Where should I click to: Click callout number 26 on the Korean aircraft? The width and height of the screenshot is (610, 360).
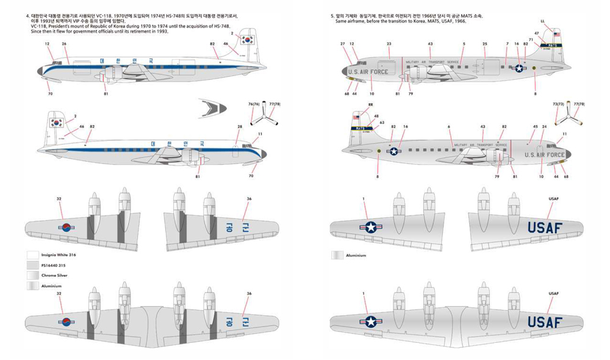pos(64,44)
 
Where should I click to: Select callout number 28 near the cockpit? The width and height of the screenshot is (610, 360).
pos(240,127)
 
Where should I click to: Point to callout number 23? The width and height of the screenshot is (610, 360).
pos(389,44)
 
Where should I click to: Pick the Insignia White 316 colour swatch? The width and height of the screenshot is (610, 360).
pos(32,254)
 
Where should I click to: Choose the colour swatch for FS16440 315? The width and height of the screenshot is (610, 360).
pos(32,265)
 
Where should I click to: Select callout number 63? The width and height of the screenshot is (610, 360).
pos(382,123)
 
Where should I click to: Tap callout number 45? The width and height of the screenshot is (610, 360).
pos(536,127)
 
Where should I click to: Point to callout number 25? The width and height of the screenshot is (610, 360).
pos(484,44)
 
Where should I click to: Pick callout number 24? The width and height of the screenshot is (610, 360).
pos(544,127)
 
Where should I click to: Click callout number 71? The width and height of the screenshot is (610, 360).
pos(531,40)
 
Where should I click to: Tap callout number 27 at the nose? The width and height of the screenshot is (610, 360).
pos(343,44)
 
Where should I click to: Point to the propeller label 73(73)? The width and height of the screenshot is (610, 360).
pos(557,105)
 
